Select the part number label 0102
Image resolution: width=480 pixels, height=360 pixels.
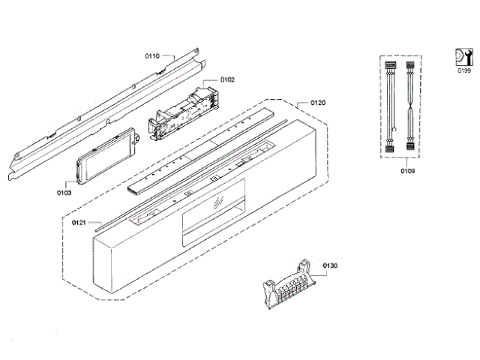point(227,79)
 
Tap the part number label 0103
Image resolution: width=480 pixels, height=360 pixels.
point(64,193)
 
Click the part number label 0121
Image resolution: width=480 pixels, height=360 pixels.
point(79,223)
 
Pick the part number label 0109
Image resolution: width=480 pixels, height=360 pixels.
point(407,171)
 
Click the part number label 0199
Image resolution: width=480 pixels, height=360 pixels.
point(464,70)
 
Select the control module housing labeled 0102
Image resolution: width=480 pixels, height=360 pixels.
point(184,109)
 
